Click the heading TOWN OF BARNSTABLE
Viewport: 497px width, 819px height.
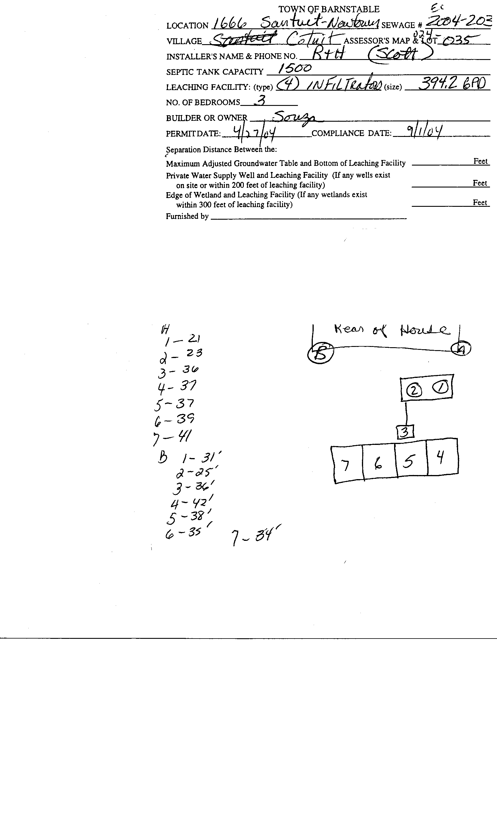(x=329, y=9)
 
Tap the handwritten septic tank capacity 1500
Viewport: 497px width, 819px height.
(x=295, y=68)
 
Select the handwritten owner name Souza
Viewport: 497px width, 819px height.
(x=292, y=117)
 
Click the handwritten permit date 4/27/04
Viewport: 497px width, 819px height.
(x=254, y=134)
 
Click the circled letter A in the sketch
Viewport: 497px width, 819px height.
(x=461, y=349)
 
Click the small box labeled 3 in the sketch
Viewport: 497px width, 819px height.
(x=405, y=432)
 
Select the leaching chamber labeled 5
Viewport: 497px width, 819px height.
(x=411, y=461)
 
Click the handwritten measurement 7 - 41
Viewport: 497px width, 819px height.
(x=173, y=437)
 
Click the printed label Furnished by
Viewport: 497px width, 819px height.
(x=187, y=216)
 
